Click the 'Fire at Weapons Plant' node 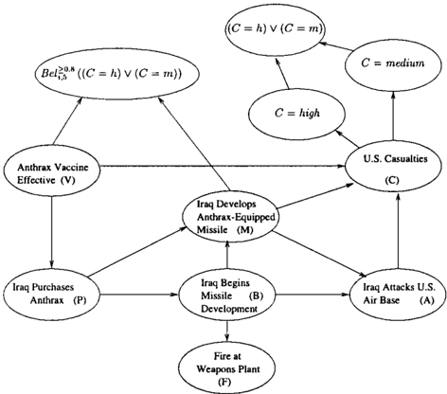[226, 368]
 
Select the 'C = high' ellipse [296, 113]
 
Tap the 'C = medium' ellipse [393, 64]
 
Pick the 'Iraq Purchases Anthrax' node [52, 294]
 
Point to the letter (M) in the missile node [244, 230]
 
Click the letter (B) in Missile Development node [256, 295]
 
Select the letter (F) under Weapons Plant [224, 382]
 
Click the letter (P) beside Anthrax [80, 300]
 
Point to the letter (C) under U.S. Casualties [392, 180]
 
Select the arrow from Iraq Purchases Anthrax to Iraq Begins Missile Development [139, 295]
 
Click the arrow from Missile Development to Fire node [227, 332]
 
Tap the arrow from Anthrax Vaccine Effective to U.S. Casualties [223, 165]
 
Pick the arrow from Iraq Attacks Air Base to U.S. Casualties [398, 230]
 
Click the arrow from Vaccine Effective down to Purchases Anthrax [51, 230]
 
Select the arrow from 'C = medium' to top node [336, 45]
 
